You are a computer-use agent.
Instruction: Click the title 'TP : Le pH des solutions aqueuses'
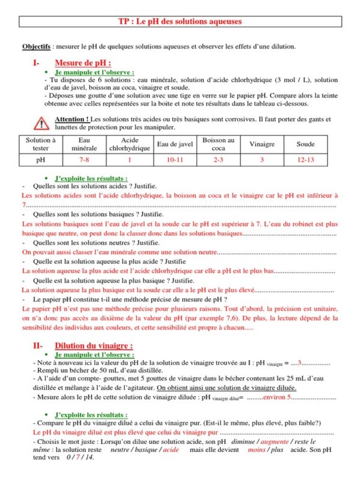[180, 22]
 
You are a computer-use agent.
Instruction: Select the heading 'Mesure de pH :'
[83, 62]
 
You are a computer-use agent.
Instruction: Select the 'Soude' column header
[305, 144]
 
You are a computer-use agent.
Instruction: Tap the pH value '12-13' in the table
[305, 160]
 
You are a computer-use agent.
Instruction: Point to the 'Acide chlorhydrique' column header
[129, 144]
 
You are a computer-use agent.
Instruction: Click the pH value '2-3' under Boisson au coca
[218, 160]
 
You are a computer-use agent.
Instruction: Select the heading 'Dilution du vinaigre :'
[94, 346]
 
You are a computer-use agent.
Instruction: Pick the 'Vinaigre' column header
[262, 144]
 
